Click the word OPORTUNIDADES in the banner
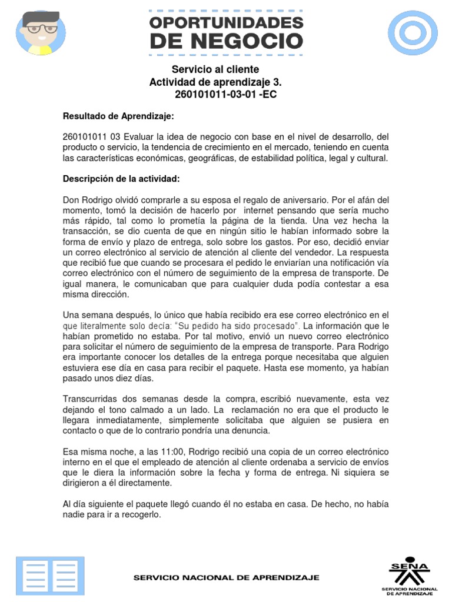227,23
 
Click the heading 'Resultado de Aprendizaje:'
118,116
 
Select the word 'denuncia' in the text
252,430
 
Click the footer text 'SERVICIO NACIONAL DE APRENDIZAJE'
227,578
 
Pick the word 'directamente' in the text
161,483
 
